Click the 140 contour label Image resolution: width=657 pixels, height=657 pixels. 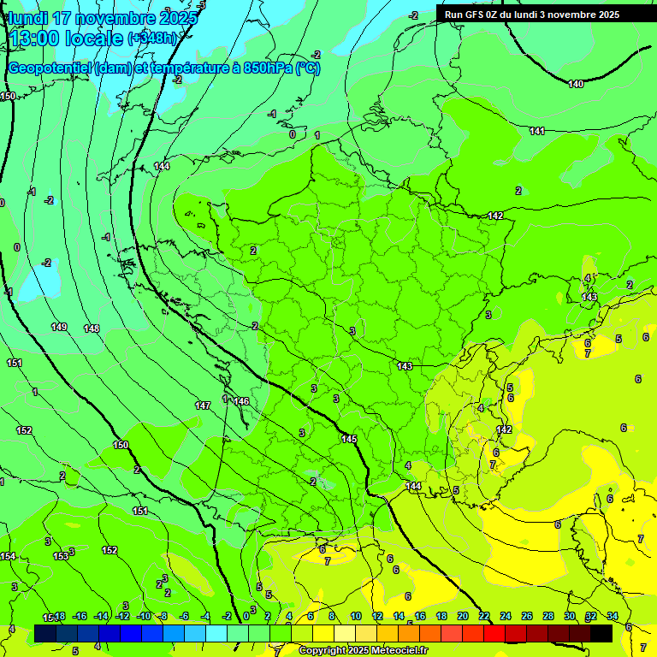(x=576, y=84)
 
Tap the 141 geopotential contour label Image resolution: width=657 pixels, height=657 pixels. (x=537, y=131)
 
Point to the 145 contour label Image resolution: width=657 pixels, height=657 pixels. (x=349, y=439)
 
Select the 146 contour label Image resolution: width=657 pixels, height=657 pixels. (x=241, y=401)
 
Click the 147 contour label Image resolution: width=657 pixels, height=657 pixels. (x=203, y=405)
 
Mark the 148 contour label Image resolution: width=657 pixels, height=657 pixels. (x=92, y=328)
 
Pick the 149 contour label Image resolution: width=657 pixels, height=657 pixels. (x=59, y=327)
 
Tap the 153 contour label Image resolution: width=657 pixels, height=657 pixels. (x=61, y=556)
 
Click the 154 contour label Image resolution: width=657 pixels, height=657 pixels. (x=8, y=556)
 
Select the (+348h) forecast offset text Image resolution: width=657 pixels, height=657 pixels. (x=154, y=38)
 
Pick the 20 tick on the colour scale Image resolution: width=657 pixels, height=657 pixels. (x=462, y=616)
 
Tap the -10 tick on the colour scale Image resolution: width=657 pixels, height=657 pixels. (x=143, y=616)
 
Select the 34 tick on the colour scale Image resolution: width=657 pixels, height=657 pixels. (x=612, y=616)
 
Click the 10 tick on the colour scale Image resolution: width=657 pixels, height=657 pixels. (x=356, y=616)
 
